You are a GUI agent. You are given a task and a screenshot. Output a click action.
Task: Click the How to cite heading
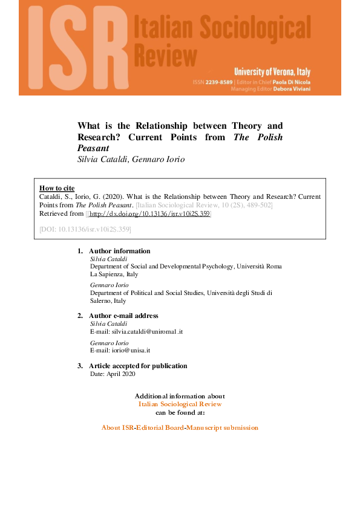tap(57, 188)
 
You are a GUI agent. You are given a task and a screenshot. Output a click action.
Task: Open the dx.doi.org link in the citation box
tap(149, 214)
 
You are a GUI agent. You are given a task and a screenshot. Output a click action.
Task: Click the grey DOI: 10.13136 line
tap(85, 230)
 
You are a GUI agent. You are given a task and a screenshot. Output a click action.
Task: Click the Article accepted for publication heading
tap(138, 366)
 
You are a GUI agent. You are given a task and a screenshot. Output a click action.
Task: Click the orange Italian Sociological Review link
tap(180, 404)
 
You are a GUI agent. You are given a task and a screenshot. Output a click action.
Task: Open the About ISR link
tap(117, 428)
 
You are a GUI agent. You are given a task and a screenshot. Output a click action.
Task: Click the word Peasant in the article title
tap(93, 148)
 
